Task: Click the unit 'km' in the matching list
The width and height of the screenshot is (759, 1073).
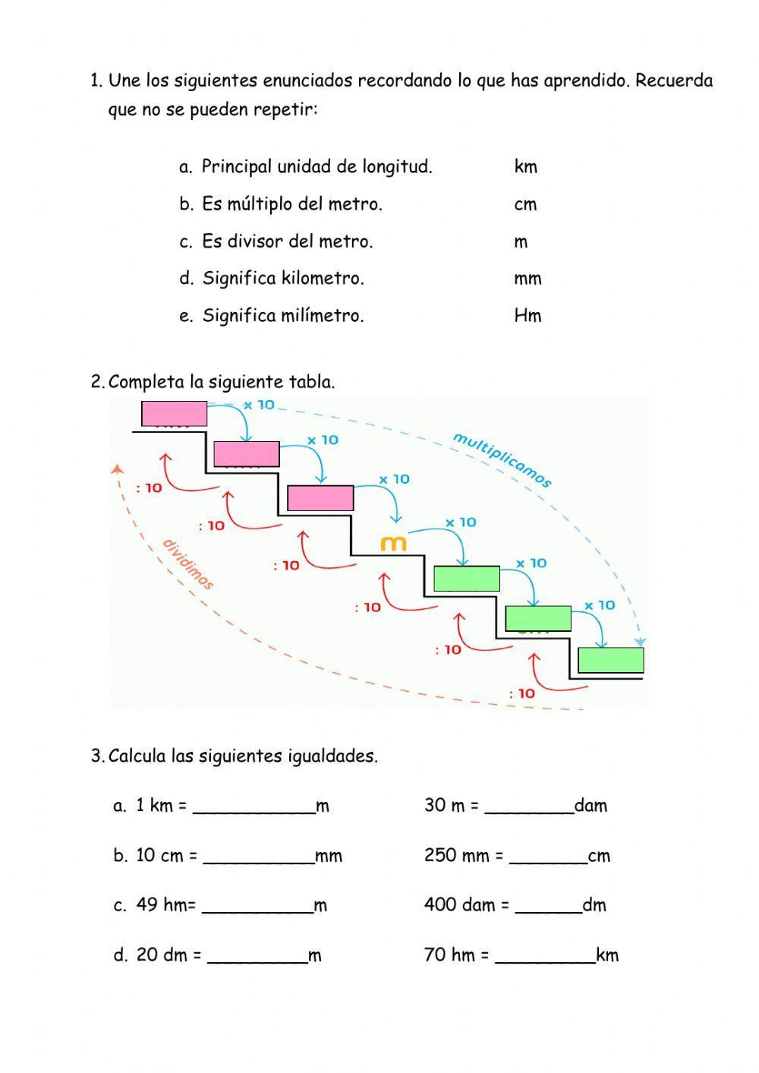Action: (x=525, y=167)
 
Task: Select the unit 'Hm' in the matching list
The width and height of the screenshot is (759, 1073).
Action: (x=528, y=316)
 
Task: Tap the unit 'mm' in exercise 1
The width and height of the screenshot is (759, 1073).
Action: (x=528, y=279)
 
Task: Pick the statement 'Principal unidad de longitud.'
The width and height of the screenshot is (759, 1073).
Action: (x=317, y=167)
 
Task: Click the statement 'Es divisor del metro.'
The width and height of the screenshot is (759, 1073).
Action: (x=287, y=241)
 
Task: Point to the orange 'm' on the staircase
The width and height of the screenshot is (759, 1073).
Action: (x=393, y=544)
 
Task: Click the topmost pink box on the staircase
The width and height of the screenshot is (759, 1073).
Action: (x=174, y=414)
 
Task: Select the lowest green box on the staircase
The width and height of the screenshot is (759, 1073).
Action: (x=610, y=660)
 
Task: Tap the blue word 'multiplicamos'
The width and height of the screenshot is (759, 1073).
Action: (x=502, y=459)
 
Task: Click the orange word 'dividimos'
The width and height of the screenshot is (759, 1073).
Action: (x=187, y=564)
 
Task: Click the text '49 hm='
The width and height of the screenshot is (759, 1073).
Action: (x=165, y=905)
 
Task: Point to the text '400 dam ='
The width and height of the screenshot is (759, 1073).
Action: (x=466, y=905)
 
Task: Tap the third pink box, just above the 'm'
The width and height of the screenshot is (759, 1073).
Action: (x=320, y=498)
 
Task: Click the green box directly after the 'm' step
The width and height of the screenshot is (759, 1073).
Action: (x=466, y=579)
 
